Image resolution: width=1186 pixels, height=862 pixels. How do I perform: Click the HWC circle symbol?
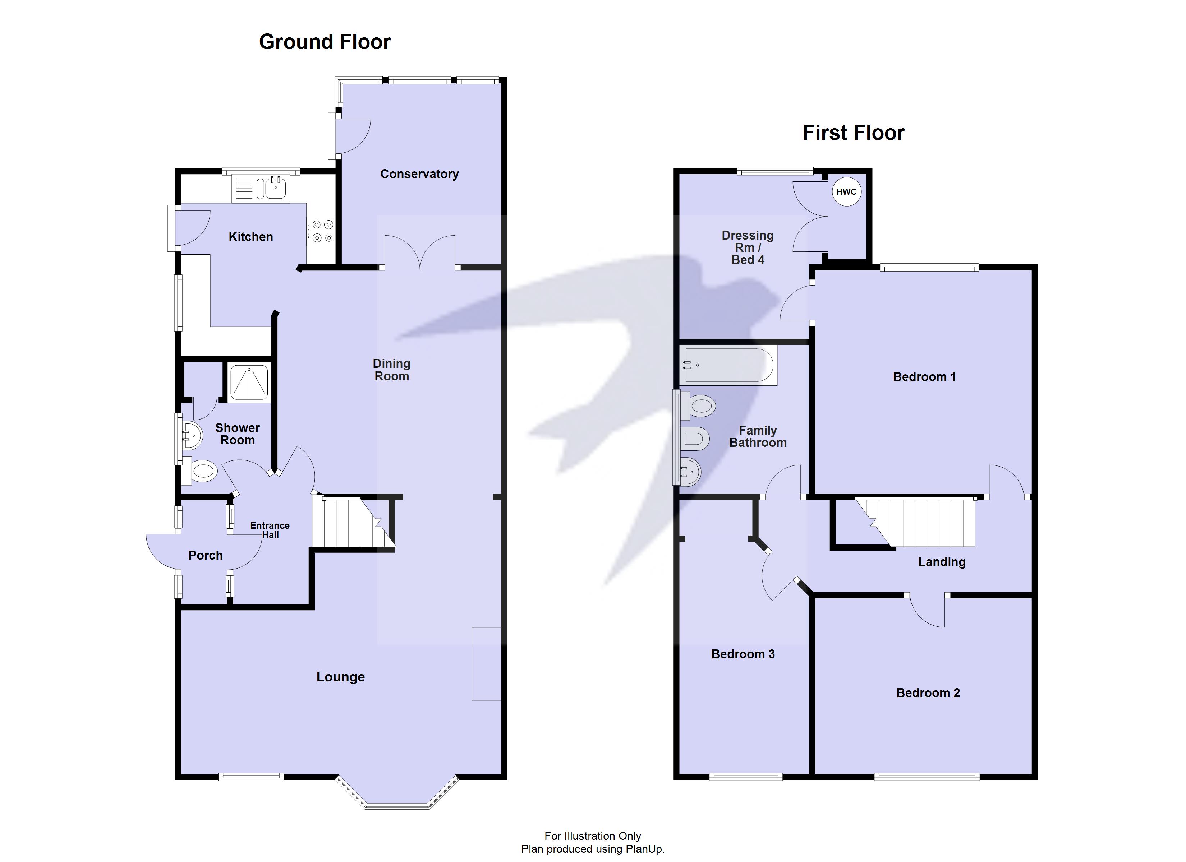pos(846,191)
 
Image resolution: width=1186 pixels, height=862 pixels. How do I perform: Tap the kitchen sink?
pos(276,188)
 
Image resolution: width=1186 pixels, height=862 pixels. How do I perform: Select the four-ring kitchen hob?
pos(321,231)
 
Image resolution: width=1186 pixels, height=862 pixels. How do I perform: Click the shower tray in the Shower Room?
pos(249,382)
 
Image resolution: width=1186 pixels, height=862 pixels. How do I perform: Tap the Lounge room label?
pos(340,677)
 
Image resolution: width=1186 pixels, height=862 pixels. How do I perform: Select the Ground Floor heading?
pos(325,42)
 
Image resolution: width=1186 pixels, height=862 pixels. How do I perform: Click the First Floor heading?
pos(854,133)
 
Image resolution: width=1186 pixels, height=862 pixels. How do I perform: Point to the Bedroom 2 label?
pos(928,693)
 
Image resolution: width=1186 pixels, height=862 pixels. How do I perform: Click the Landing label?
pos(941,562)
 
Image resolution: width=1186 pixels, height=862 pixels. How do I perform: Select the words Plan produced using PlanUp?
pos(593,849)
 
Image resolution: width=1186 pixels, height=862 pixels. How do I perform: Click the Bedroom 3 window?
pos(746,777)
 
